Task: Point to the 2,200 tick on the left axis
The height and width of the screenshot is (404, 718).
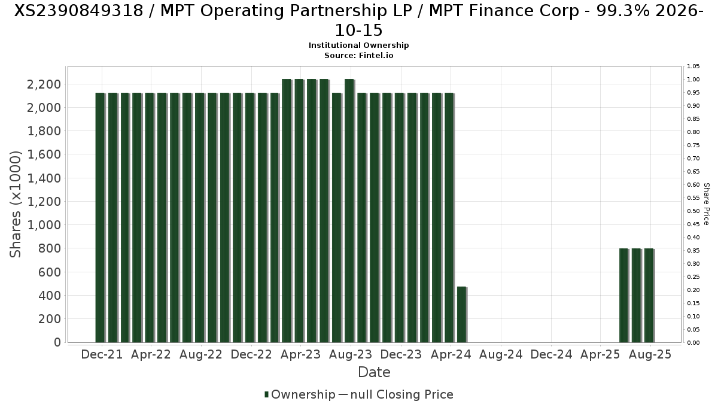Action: click(44, 84)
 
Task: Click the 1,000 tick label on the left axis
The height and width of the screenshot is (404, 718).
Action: click(44, 225)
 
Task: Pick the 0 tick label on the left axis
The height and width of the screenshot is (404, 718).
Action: click(57, 342)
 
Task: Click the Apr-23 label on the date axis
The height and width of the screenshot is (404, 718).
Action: click(301, 354)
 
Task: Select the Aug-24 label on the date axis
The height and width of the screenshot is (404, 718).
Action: click(501, 354)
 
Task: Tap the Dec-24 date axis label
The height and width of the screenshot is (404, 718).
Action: click(552, 354)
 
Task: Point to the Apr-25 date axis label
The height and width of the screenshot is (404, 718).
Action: click(601, 354)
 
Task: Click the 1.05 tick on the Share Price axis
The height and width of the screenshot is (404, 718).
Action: click(693, 66)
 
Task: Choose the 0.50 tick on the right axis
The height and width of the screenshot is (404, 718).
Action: click(693, 211)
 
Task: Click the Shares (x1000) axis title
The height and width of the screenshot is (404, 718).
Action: click(16, 204)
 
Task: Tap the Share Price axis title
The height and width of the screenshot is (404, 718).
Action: click(706, 204)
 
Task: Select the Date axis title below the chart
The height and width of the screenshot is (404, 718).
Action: click(374, 372)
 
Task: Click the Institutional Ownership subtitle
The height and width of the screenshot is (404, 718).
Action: click(358, 45)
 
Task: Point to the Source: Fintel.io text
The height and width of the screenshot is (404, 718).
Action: click(358, 55)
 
